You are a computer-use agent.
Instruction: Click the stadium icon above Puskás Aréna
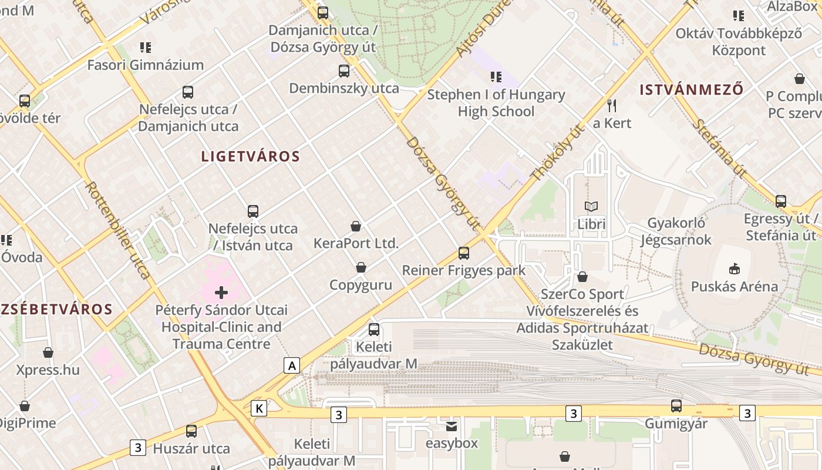coord(733,269)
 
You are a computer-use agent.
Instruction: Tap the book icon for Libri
coord(591,207)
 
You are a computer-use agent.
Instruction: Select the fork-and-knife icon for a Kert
coord(612,106)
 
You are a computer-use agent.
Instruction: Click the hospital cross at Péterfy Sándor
coord(221,292)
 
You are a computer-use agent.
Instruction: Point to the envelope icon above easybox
coord(451,426)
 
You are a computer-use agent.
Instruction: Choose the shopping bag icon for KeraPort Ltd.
coord(356,226)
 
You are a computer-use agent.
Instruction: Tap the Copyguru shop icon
coord(361,268)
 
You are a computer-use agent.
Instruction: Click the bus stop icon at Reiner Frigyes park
coord(464,253)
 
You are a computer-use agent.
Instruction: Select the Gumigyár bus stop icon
coord(676,406)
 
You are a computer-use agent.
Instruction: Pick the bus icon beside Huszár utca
coord(191,431)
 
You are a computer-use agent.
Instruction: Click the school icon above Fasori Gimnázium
coord(145,48)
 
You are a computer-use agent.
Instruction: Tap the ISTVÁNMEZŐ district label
coord(692,90)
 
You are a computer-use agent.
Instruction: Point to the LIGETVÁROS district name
coord(251,156)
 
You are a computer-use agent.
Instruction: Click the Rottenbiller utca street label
coord(118,229)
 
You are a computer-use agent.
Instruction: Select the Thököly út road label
coord(554,152)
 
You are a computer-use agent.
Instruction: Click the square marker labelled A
coord(292,365)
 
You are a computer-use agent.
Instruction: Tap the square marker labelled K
coord(259,408)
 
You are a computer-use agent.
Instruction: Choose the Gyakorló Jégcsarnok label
coord(676,231)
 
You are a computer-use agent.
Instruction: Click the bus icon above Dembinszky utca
coord(344,71)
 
